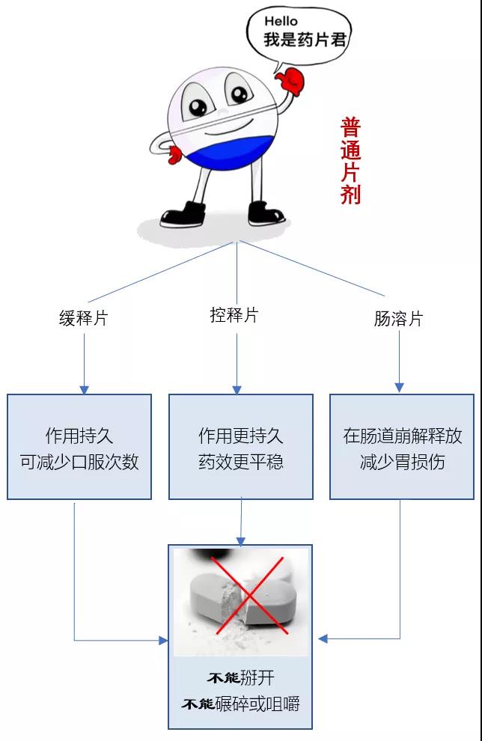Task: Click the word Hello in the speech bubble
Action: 281,22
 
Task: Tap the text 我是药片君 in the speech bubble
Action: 305,40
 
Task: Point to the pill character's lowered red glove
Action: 176,155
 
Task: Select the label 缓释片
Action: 84,318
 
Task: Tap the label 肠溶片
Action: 398,319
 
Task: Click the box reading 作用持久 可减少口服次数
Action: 79,447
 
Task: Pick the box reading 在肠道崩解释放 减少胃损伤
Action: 402,447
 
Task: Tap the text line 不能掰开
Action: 240,678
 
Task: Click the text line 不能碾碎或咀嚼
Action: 240,704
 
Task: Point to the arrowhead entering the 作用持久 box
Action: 84,390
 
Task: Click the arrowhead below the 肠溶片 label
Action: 399,388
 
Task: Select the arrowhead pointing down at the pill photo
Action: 240,540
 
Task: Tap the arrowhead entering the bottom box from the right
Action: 323,638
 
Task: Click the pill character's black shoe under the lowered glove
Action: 183,214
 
